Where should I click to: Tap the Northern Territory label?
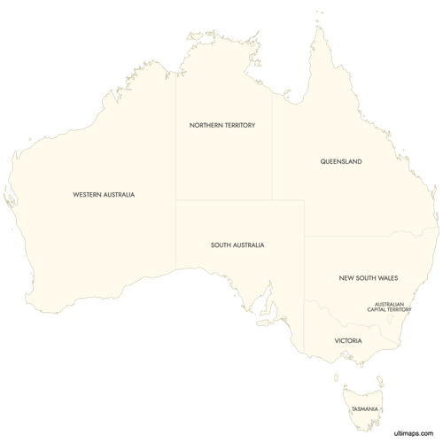(x=222, y=126)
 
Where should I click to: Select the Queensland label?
(x=341, y=162)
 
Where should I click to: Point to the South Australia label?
(x=237, y=245)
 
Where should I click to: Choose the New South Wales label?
(x=369, y=278)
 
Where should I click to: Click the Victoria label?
(x=347, y=340)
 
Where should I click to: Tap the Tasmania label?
(x=365, y=408)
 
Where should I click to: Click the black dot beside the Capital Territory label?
(x=411, y=309)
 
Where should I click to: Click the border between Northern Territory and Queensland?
(x=272, y=151)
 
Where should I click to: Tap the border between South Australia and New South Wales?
(x=305, y=266)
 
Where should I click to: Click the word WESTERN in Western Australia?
(x=89, y=194)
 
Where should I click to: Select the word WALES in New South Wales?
(x=387, y=278)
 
